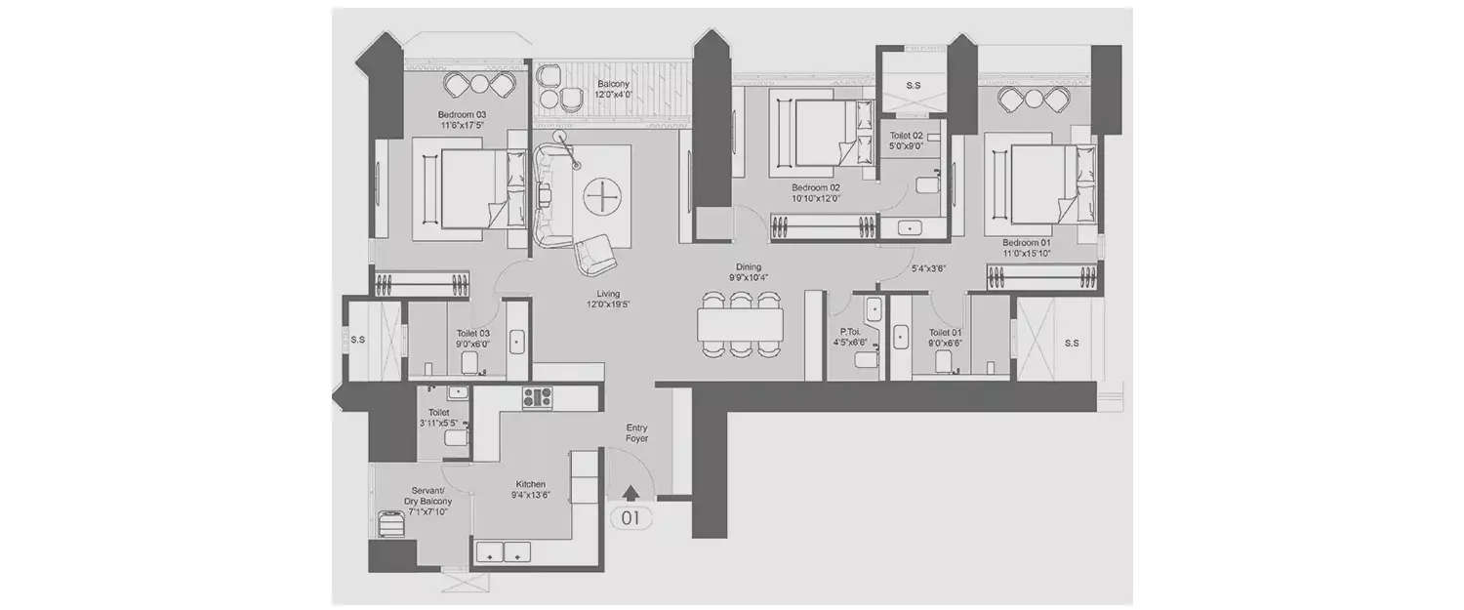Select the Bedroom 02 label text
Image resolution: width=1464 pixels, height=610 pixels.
815,187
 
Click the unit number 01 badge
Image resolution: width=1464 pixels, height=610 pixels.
630,518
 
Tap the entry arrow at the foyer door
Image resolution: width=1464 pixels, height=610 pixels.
631,494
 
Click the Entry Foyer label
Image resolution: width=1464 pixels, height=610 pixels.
636,433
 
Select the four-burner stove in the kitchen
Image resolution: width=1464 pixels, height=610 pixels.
537,398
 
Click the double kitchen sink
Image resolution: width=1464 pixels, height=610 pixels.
503,551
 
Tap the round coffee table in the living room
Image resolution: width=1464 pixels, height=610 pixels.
602,198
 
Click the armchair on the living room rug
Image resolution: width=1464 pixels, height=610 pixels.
594,255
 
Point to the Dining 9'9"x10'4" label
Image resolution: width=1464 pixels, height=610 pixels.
749,272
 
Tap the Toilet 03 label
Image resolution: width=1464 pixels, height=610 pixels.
472,338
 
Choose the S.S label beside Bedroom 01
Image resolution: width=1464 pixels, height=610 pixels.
1071,344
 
